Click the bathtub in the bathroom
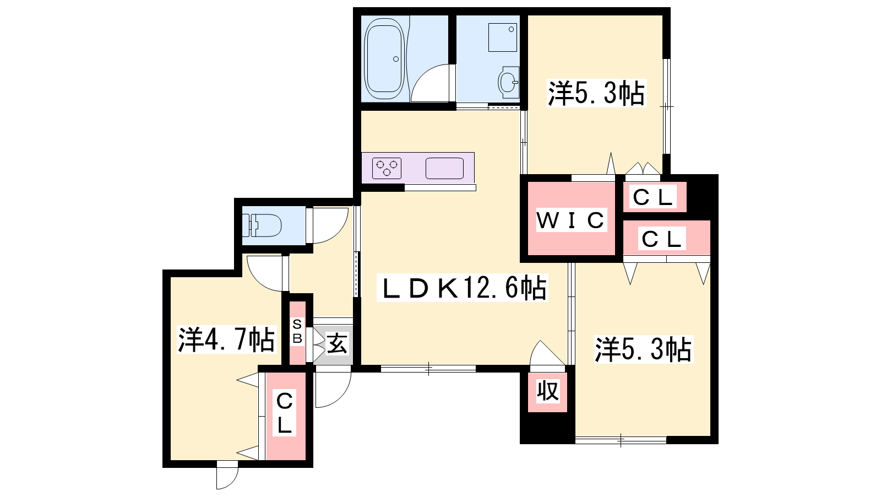pos(385,58)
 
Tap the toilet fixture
pos(262,225)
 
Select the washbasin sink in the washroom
pos(508,83)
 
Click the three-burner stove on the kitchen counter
pos(387,169)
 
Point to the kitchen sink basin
pos(444,169)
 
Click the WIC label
pos(571,220)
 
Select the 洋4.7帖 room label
pos(226,339)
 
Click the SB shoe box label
pos(297,331)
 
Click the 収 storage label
pos(548,391)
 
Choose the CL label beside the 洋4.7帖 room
pos(284,413)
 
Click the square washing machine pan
pos(503,37)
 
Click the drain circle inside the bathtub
pos(396,59)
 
